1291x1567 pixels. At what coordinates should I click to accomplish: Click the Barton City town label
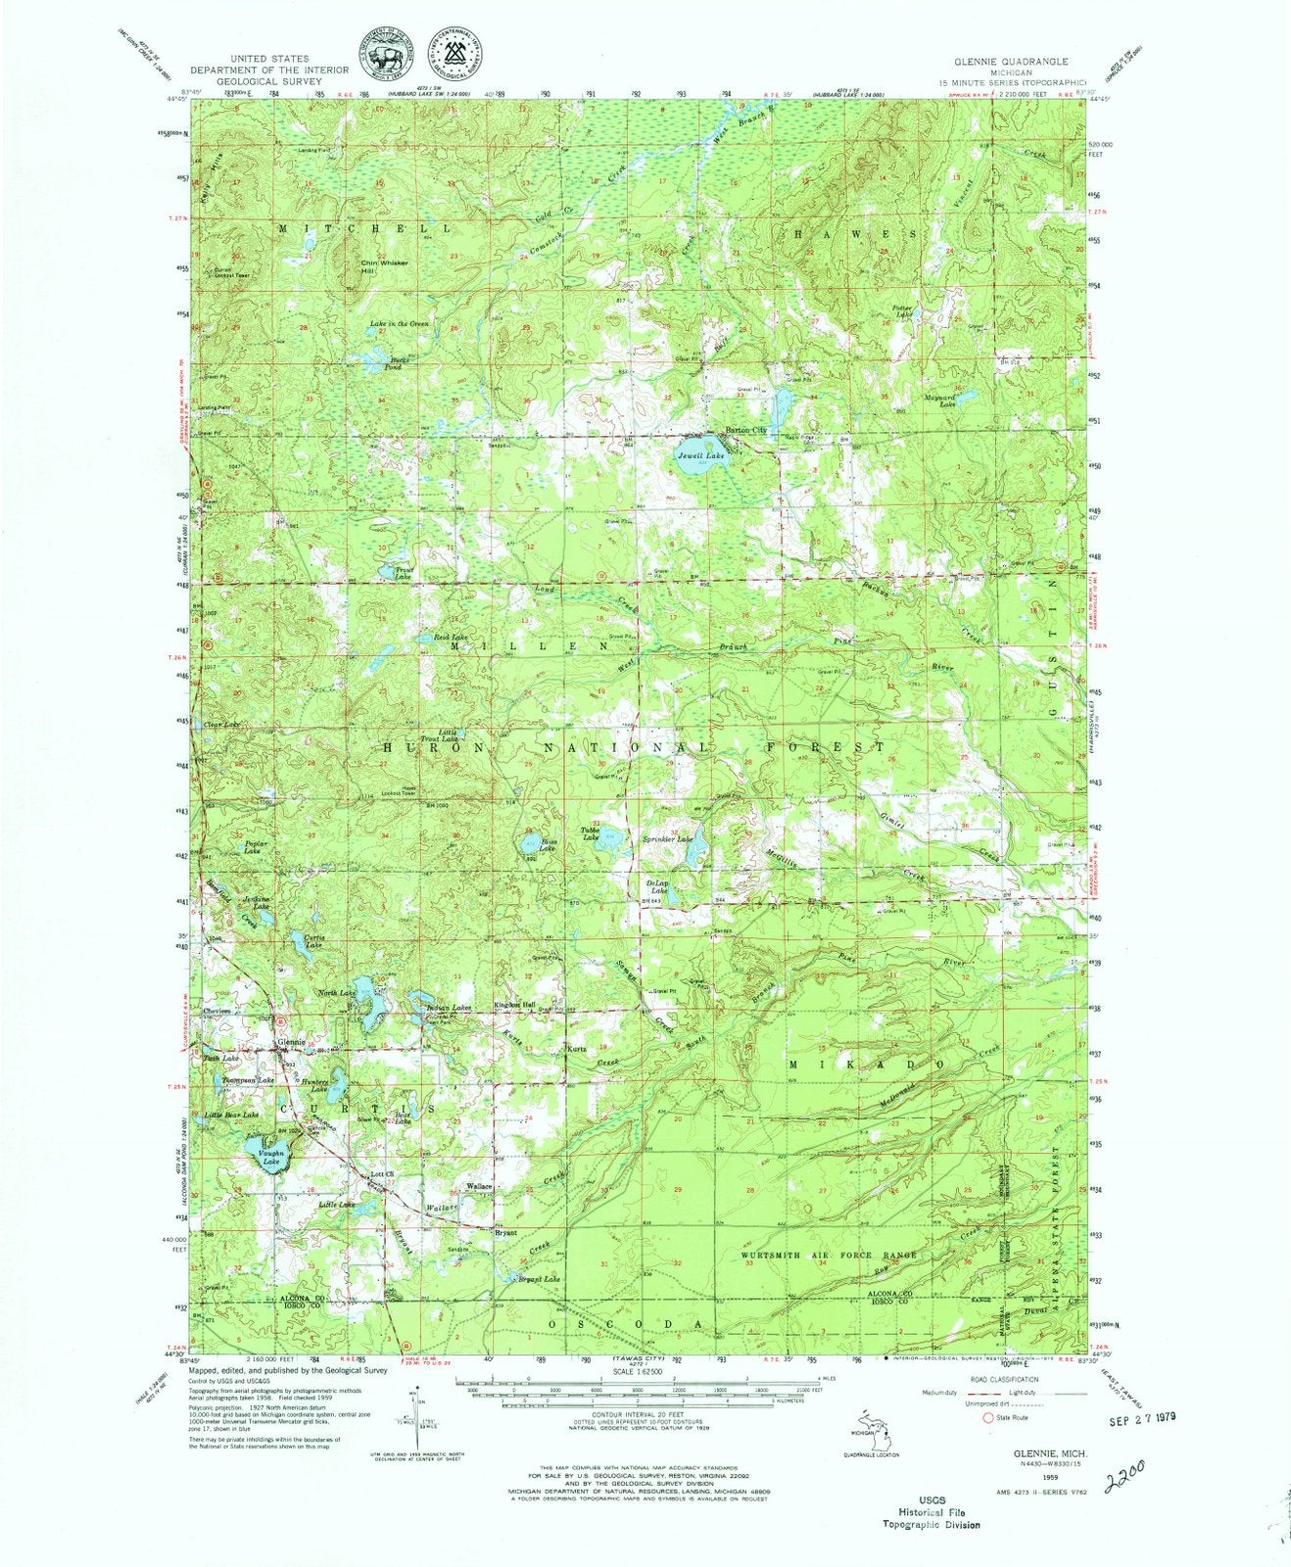[744, 430]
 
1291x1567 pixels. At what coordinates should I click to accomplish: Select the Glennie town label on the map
[291, 1041]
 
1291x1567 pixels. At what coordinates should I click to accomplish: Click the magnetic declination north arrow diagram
[412, 1411]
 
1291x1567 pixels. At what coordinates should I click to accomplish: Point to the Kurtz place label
[577, 1049]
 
